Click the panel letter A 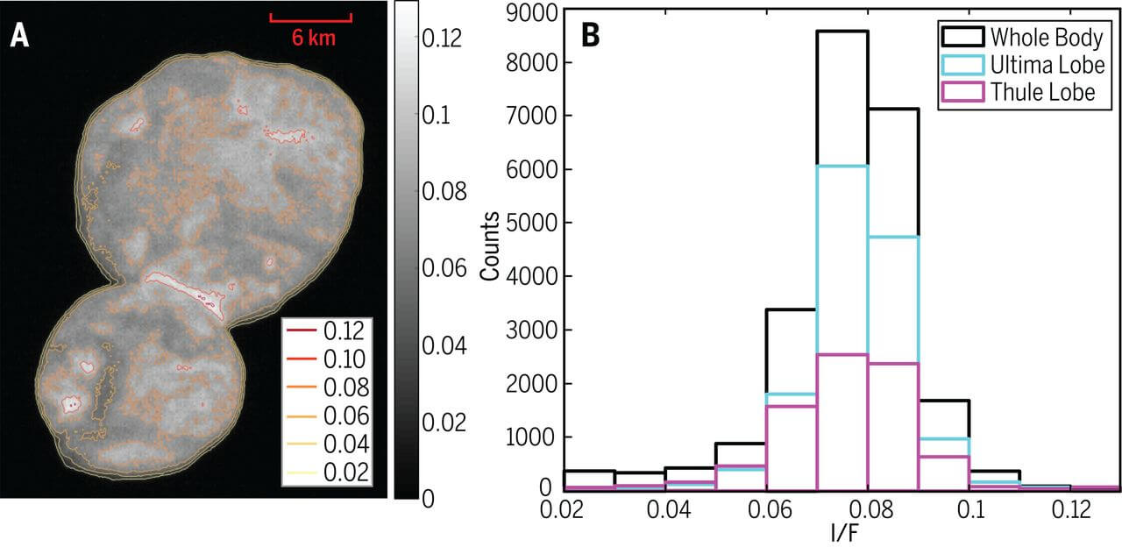(x=20, y=37)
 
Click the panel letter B (x=592, y=37)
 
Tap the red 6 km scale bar (x=310, y=17)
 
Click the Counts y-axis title (x=492, y=250)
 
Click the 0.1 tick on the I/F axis (x=969, y=508)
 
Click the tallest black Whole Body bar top (x=841, y=32)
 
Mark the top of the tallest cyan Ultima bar (x=841, y=166)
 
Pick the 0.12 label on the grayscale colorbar (x=441, y=39)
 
